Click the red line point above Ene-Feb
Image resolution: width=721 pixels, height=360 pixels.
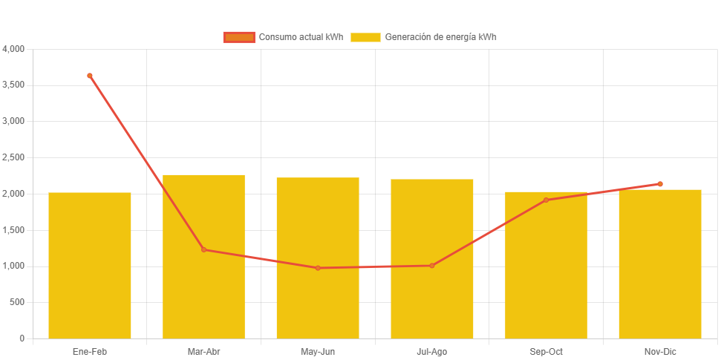(x=90, y=76)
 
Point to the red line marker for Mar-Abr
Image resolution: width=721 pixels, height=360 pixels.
(x=203, y=249)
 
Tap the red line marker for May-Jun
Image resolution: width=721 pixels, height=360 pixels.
(x=318, y=268)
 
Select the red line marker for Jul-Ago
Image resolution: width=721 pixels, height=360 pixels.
(x=432, y=266)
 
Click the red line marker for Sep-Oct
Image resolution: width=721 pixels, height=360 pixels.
(x=546, y=200)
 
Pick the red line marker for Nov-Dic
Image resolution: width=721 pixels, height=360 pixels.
(x=660, y=184)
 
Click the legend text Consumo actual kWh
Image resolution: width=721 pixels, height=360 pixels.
(x=301, y=37)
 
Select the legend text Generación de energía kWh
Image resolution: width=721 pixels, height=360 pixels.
(x=440, y=37)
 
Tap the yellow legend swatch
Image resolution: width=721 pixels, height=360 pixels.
(x=365, y=37)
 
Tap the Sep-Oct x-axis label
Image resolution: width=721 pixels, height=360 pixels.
(x=546, y=351)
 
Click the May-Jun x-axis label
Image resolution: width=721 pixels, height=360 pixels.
(x=318, y=351)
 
